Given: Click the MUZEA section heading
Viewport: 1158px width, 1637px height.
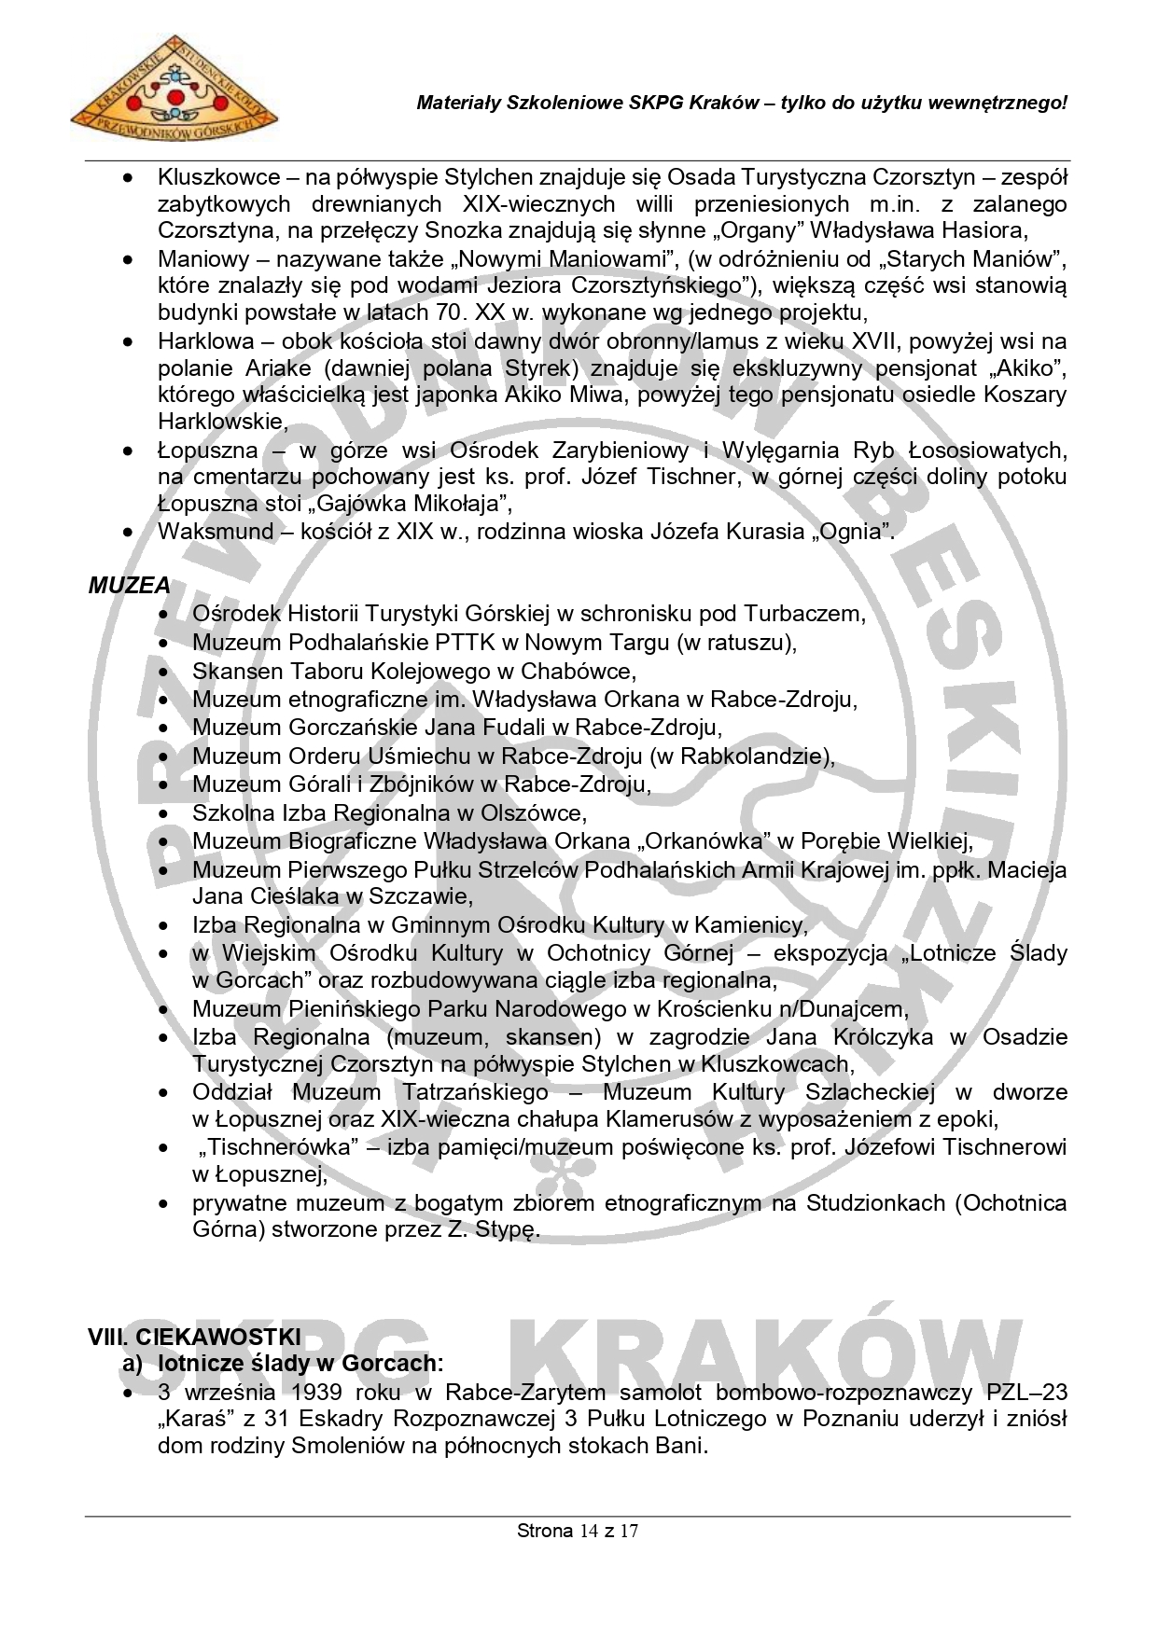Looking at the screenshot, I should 130,586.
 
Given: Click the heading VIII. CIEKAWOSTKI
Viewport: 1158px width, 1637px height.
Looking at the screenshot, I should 194,1336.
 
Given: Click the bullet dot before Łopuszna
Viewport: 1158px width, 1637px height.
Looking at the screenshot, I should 128,451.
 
